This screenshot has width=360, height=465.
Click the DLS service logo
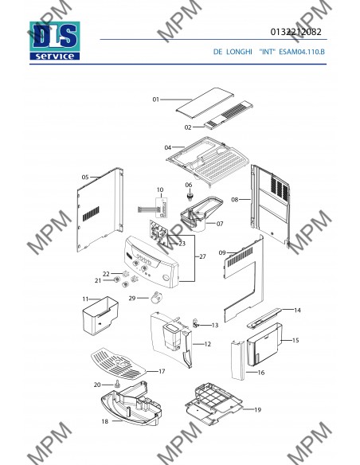click(x=55, y=41)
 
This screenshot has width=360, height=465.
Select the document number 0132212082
click(x=295, y=32)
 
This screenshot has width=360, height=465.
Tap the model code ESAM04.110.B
click(x=302, y=52)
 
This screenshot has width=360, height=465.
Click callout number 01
click(x=155, y=100)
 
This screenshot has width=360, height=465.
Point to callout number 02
click(x=188, y=127)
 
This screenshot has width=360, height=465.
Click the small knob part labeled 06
click(x=190, y=197)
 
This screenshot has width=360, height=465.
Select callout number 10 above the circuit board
click(x=160, y=190)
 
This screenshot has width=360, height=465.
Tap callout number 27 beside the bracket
click(x=202, y=256)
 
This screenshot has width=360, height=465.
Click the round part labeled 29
click(x=155, y=298)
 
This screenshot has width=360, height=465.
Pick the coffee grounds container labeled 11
click(x=100, y=316)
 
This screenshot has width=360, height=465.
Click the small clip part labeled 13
click(x=196, y=323)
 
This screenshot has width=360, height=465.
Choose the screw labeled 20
click(x=116, y=384)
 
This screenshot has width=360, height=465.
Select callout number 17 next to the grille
click(x=162, y=371)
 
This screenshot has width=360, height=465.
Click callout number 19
click(x=258, y=410)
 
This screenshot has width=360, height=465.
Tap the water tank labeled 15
click(x=264, y=345)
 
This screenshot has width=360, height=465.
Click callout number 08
click(x=235, y=200)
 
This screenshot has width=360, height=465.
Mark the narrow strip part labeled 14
click(x=264, y=318)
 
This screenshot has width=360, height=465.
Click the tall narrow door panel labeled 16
click(x=238, y=361)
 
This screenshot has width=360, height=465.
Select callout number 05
click(x=85, y=178)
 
